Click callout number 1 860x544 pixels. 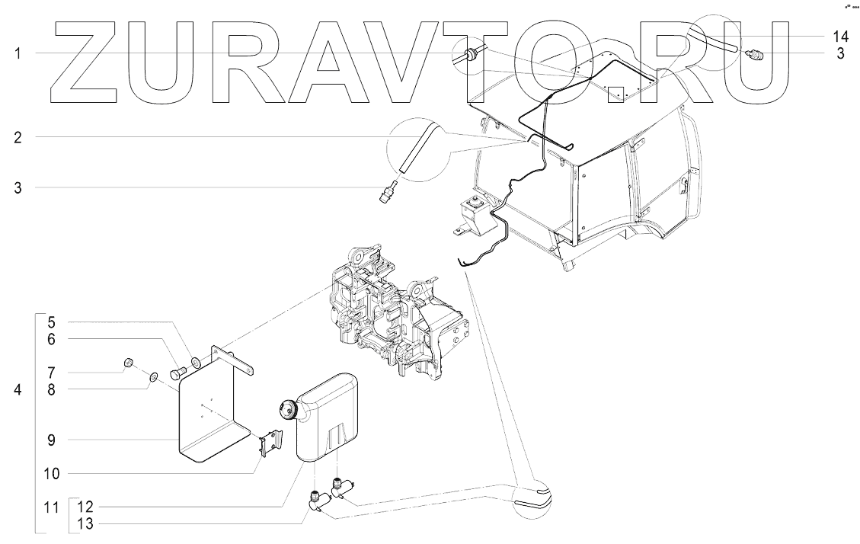(18, 53)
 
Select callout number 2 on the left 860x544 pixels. (18, 138)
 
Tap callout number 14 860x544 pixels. (840, 37)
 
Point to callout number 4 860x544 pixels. (18, 390)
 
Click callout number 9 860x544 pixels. (52, 440)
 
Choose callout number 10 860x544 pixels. (52, 473)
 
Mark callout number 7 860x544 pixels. (52, 373)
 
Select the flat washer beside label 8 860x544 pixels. (152, 376)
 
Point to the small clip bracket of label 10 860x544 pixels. (271, 443)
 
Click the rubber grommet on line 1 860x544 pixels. (469, 53)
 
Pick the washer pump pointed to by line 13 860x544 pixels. (318, 501)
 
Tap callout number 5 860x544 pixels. (52, 322)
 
